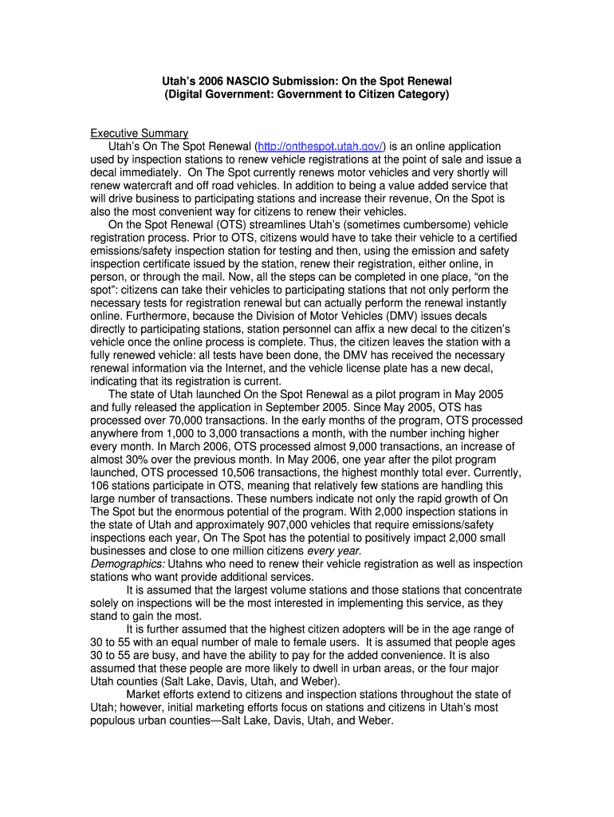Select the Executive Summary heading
(139, 133)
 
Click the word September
(302, 407)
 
